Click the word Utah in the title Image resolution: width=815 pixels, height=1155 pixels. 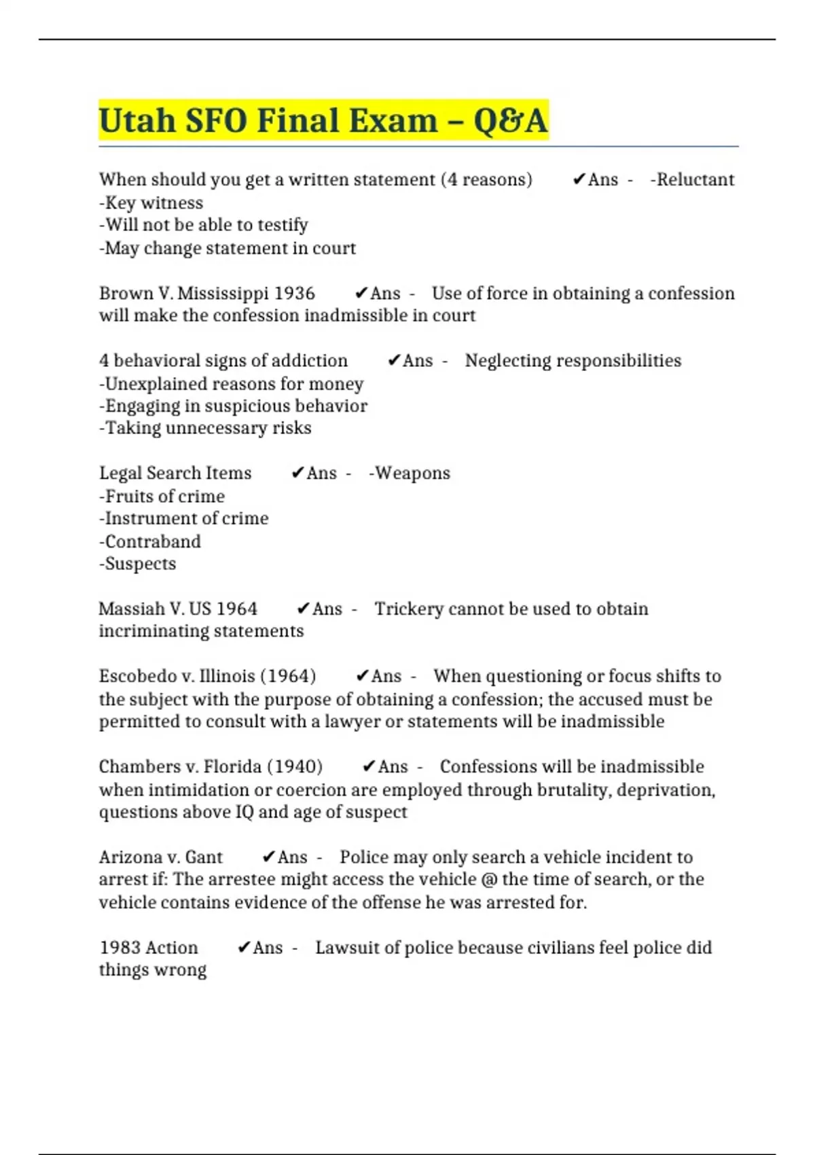(x=137, y=121)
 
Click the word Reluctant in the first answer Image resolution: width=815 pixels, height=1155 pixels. (x=695, y=180)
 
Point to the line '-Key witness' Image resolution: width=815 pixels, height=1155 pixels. (x=151, y=203)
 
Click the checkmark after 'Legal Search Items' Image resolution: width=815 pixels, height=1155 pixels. (x=297, y=474)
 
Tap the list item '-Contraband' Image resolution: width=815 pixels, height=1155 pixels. (x=150, y=541)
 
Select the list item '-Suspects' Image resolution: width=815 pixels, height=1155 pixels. (x=138, y=564)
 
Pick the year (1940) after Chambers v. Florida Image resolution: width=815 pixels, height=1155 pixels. (x=294, y=767)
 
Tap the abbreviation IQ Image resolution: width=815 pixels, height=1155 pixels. (x=244, y=813)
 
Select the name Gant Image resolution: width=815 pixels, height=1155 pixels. (x=204, y=857)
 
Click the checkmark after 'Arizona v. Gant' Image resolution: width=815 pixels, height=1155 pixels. (x=268, y=857)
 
